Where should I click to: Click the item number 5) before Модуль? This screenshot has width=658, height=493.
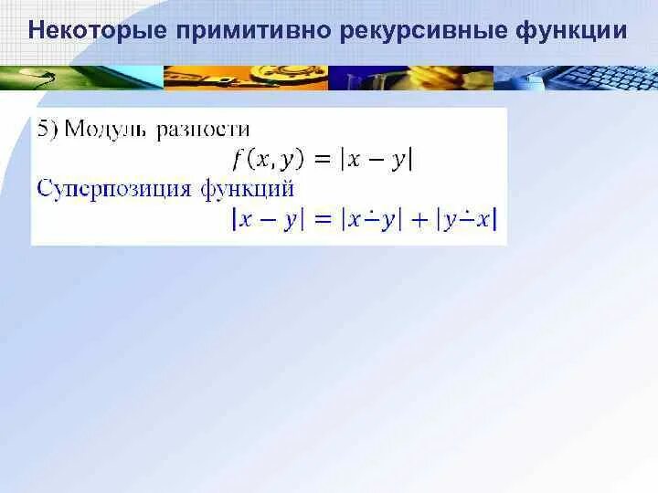pyautogui.click(x=48, y=130)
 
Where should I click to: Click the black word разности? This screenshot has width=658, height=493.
pyautogui.click(x=203, y=130)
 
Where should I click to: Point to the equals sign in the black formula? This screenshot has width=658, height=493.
pyautogui.click(x=322, y=159)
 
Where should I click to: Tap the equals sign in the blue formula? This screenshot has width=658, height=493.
pyautogui.click(x=322, y=219)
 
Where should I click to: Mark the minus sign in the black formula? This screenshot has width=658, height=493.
pyautogui.click(x=375, y=159)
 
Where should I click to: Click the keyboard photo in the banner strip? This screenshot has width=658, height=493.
pyautogui.click(x=594, y=78)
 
